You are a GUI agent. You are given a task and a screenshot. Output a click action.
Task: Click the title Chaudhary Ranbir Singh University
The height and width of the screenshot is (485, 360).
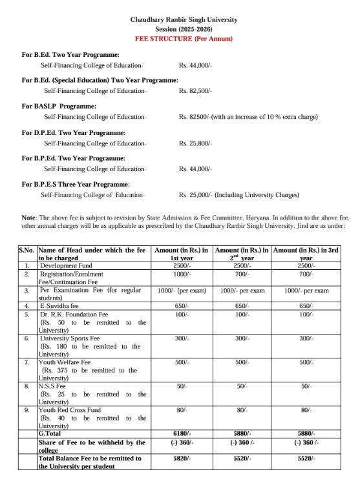(184, 20)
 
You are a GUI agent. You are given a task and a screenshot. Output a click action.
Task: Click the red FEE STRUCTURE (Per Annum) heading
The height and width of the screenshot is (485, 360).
(184, 39)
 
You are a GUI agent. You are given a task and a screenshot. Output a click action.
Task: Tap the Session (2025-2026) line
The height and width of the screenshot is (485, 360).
(184, 30)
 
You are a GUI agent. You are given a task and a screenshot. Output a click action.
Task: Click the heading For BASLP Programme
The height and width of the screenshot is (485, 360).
(59, 106)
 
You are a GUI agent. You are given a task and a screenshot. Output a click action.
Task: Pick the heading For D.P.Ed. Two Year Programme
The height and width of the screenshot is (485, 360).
(74, 132)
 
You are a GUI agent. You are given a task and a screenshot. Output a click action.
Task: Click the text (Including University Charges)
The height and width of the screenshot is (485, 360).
(258, 195)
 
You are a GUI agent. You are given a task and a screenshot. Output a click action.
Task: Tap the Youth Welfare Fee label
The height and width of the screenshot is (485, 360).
(66, 362)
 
